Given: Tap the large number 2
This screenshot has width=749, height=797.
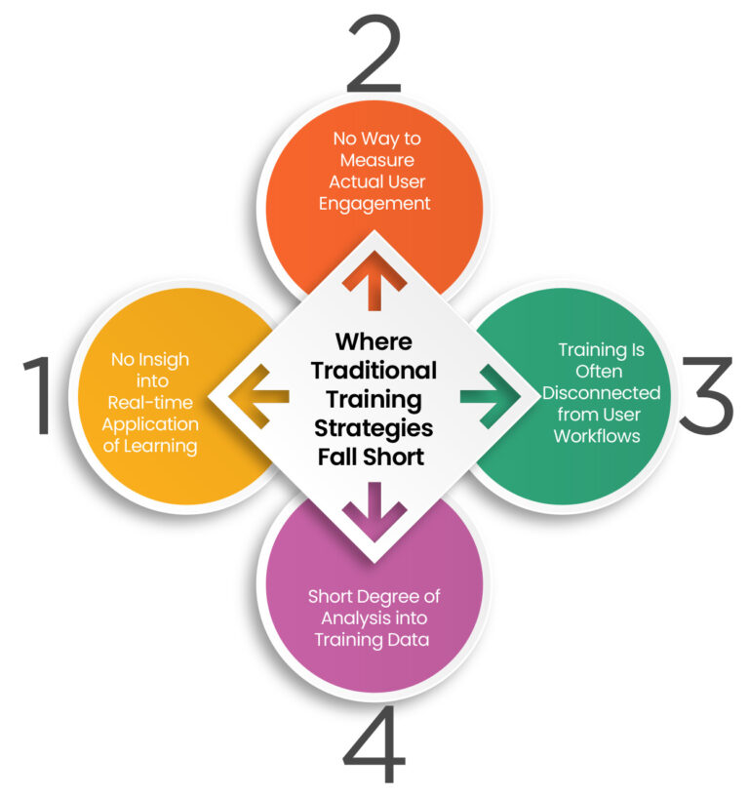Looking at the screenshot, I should click(374, 53).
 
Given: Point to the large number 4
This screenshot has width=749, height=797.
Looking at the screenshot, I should click(374, 746).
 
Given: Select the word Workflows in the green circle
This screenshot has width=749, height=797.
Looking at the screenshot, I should click(597, 436).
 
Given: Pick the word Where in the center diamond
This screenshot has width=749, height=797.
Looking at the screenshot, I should click(374, 342).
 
